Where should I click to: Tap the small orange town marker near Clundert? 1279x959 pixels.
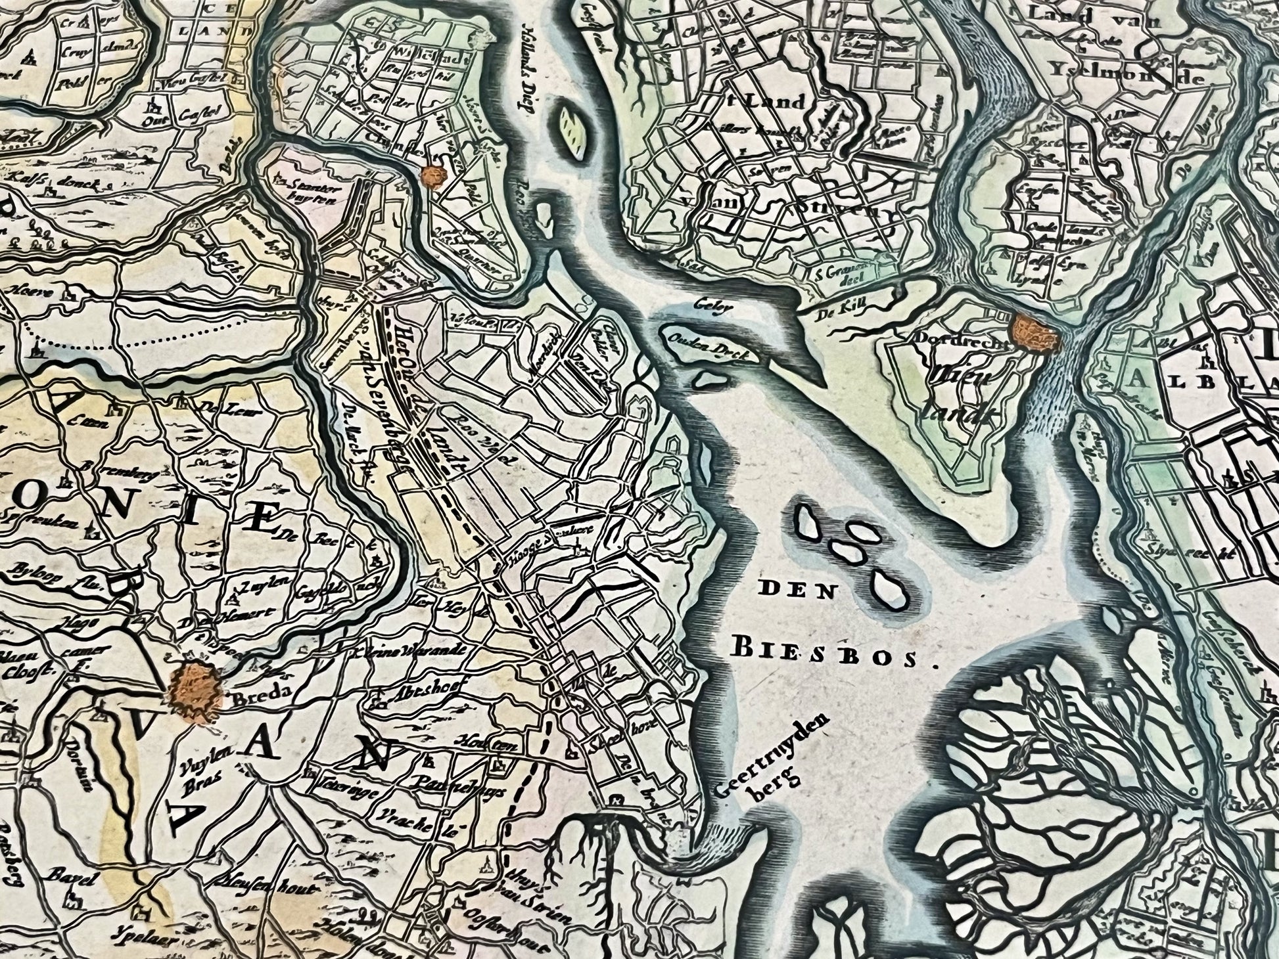434,176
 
